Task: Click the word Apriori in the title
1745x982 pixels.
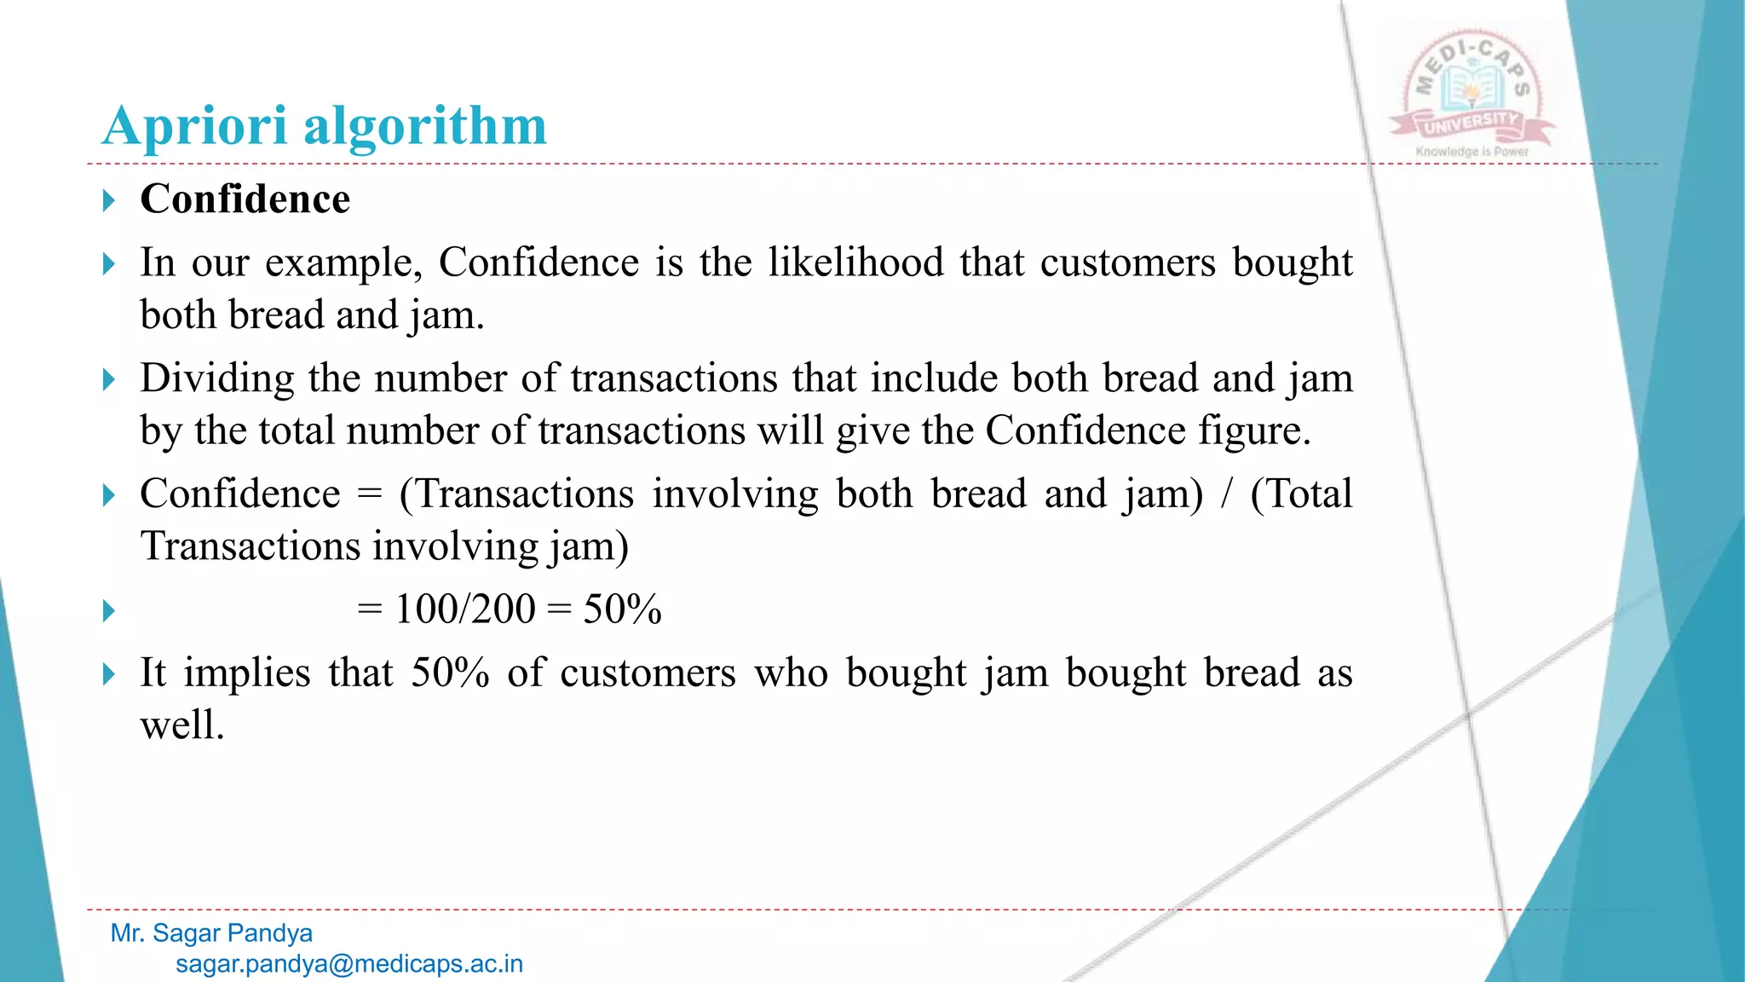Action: click(194, 126)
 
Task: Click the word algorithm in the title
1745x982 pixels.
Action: click(425, 126)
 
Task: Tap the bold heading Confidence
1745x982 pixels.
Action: click(245, 199)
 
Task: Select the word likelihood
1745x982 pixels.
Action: click(855, 262)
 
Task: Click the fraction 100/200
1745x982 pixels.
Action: click(465, 609)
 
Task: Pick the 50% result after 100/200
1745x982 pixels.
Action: click(622, 609)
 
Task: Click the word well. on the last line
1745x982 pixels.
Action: click(182, 725)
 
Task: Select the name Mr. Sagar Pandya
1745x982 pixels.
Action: click(211, 933)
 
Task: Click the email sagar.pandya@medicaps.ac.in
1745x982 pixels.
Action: click(349, 964)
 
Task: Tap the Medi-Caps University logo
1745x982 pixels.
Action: click(1472, 90)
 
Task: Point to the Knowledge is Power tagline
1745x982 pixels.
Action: click(1472, 152)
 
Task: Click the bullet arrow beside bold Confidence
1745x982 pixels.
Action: click(108, 201)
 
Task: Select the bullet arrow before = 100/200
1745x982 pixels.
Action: click(108, 611)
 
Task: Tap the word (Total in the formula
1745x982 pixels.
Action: click(1301, 494)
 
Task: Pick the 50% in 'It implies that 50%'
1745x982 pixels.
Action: click(450, 673)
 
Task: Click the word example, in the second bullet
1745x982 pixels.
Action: click(343, 263)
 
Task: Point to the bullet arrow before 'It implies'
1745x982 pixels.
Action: click(108, 674)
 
